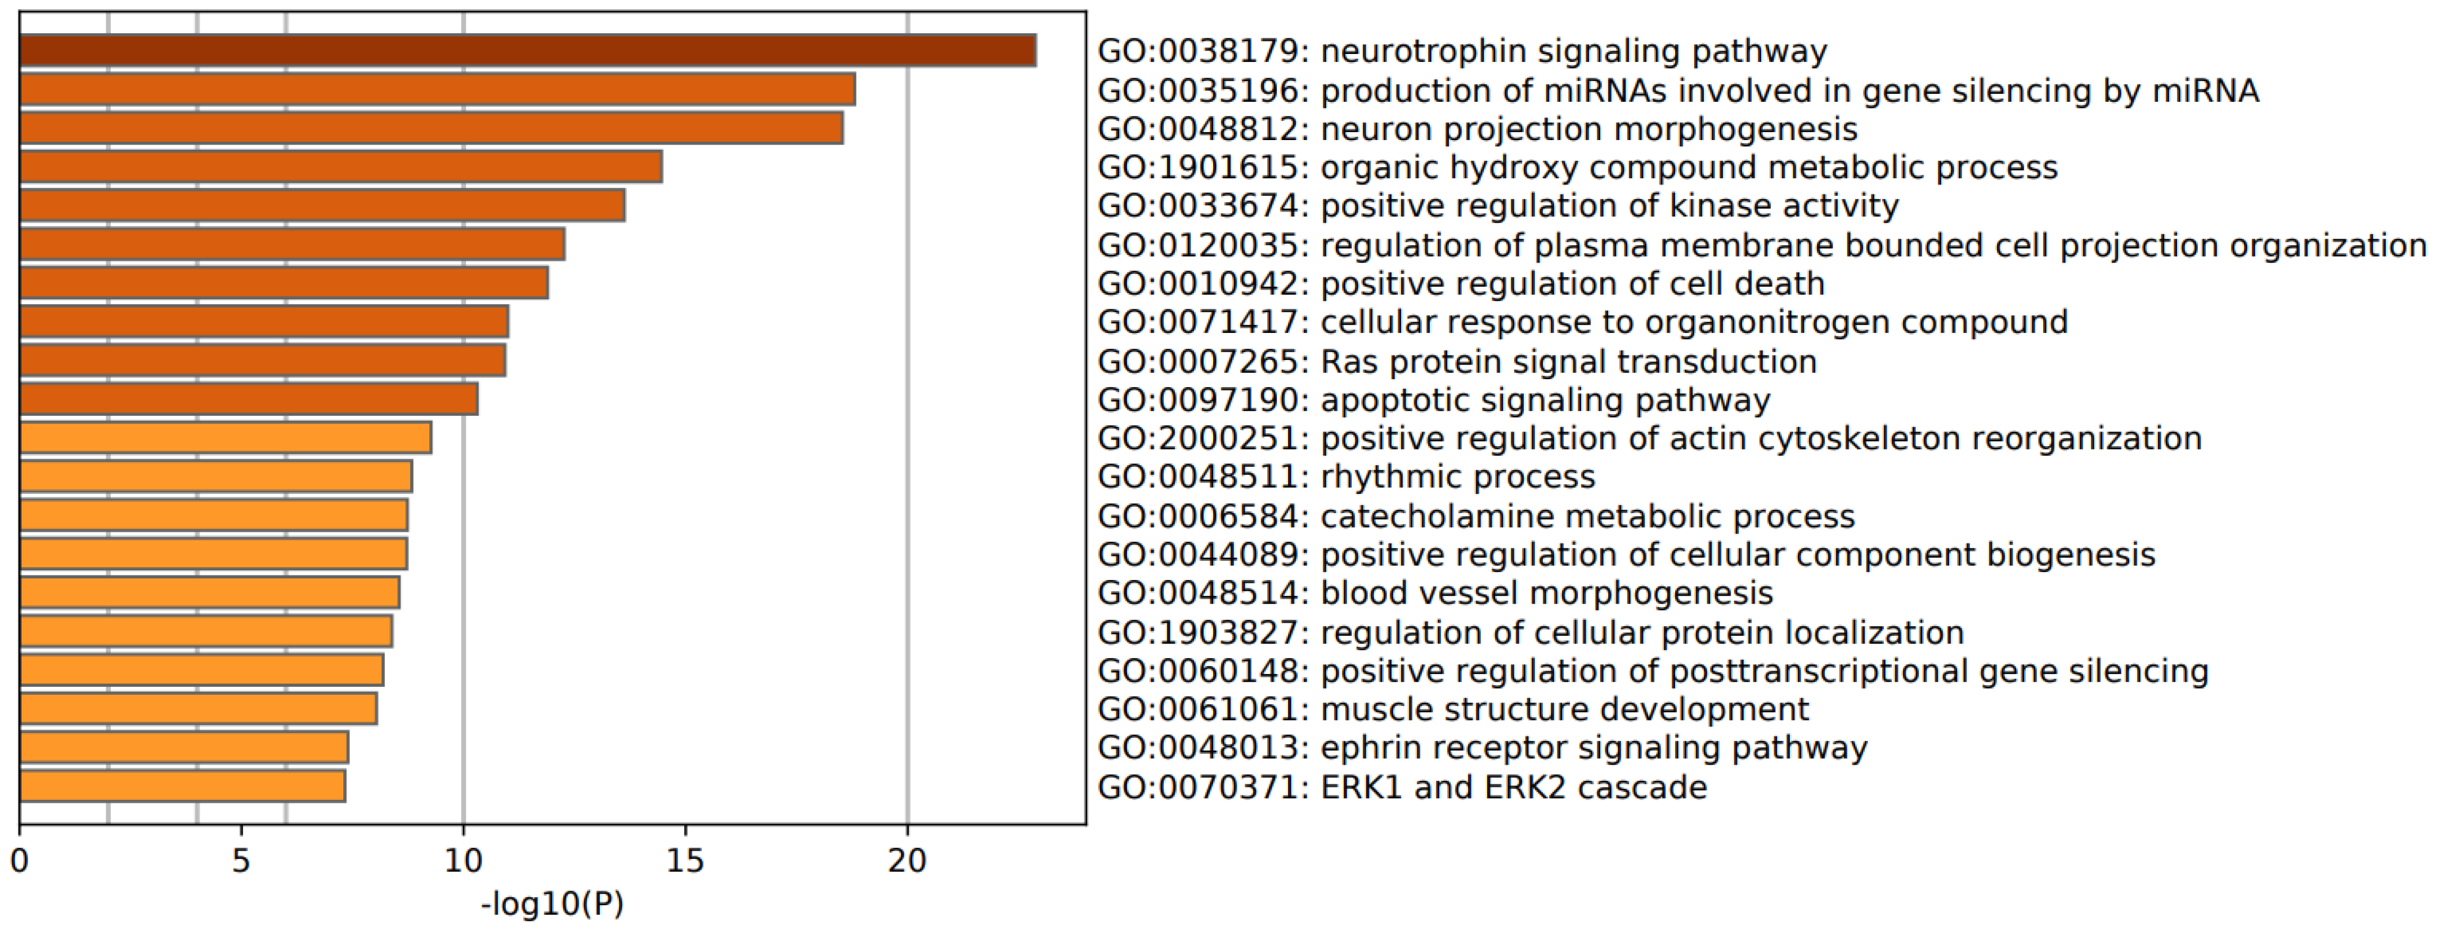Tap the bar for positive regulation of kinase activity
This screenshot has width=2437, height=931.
coord(322,205)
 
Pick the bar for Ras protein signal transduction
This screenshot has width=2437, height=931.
coord(262,361)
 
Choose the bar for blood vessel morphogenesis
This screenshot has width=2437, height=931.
coord(209,592)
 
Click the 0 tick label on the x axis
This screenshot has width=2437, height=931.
coord(19,861)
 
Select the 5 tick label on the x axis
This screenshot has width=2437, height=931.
coord(241,861)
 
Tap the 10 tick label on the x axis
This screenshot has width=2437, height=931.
coord(463,861)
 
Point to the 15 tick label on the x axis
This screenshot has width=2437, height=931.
coord(685,861)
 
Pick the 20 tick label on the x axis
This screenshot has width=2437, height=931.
coord(907,861)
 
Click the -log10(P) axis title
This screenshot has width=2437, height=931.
coord(553,905)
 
